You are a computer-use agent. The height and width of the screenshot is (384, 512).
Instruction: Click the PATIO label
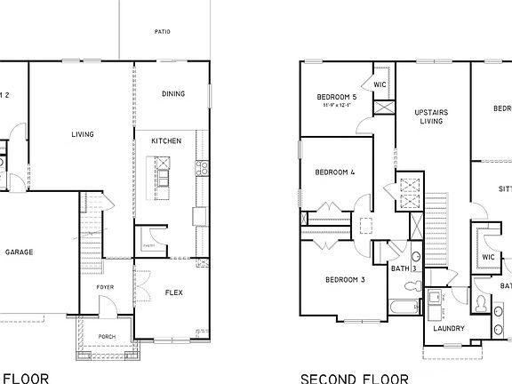click(162, 32)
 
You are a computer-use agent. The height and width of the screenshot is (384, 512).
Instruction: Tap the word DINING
click(172, 95)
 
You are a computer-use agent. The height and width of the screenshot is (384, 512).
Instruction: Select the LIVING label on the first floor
click(83, 135)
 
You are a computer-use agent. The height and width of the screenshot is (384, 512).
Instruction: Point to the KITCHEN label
click(166, 140)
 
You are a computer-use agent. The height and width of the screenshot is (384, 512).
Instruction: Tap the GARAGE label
click(20, 252)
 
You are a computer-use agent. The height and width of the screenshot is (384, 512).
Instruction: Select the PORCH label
click(107, 338)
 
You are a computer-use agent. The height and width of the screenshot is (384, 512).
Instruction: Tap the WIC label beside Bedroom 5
click(380, 85)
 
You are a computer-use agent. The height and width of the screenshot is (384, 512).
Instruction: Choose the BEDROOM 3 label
click(346, 279)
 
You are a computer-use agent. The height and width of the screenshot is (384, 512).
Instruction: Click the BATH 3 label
click(404, 268)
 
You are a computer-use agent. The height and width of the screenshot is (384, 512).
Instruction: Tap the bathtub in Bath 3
click(405, 308)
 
